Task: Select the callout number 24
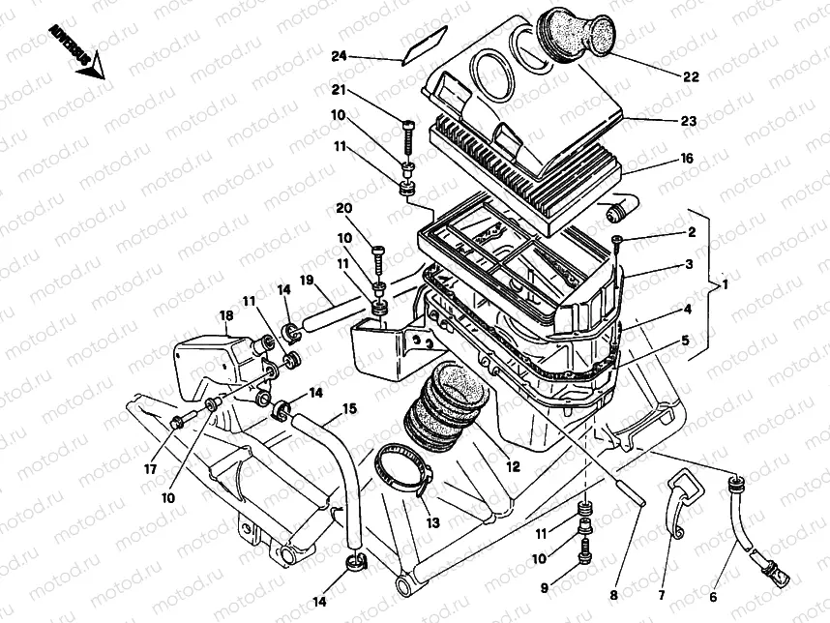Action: pos(339,56)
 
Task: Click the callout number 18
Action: pos(225,316)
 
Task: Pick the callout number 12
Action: pos(513,465)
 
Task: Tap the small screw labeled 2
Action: pos(616,239)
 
